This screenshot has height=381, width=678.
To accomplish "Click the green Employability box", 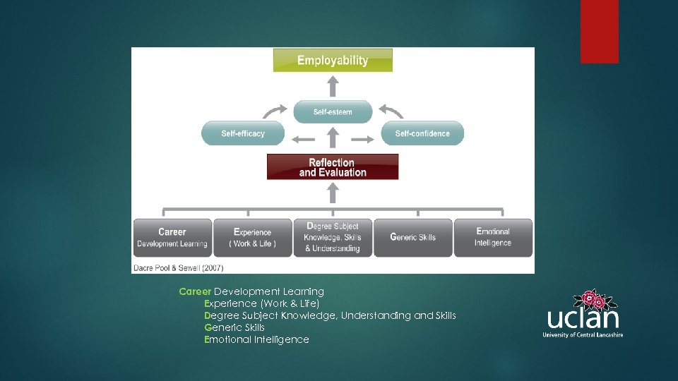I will [333, 60].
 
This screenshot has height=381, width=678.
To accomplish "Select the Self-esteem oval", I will [333, 111].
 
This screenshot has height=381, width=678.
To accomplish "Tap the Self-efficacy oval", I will [243, 133].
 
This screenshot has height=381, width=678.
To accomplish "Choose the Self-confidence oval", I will [422, 133].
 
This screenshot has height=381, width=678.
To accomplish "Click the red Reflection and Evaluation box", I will [333, 167].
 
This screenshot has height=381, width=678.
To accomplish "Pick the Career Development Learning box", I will [172, 238].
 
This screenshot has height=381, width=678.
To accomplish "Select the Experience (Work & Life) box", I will [253, 238].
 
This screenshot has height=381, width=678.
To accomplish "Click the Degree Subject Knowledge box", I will [333, 238].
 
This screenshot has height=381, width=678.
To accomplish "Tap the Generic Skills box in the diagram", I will [413, 238].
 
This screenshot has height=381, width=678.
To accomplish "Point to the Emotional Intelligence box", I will [493, 238].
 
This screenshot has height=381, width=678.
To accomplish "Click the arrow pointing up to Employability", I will [333, 86].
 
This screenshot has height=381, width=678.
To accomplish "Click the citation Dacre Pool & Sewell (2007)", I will [178, 267].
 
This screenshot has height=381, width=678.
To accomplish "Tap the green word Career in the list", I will [195, 291].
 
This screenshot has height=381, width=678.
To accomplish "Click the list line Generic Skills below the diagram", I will [234, 327].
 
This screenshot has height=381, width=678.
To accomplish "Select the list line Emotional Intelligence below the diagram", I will [256, 339].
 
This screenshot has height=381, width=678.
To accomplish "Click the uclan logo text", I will [583, 318].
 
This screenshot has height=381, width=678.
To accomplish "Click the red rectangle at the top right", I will [599, 31].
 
